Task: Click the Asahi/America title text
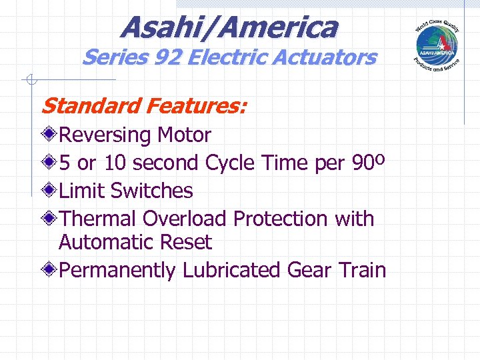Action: tap(229, 27)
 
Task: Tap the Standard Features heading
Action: tap(143, 105)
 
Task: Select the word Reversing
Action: tap(105, 135)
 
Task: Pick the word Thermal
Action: tap(98, 219)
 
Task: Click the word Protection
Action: tap(281, 219)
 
